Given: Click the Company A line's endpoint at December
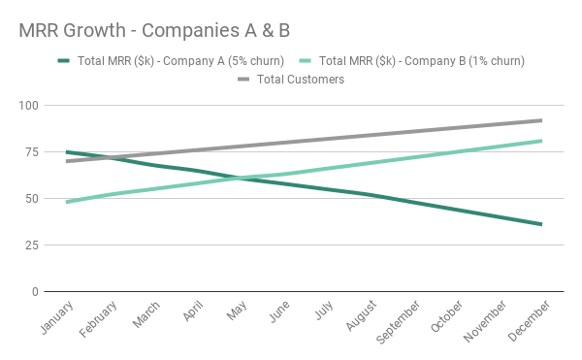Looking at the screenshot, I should [541, 224].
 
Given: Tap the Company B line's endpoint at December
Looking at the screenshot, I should [541, 141].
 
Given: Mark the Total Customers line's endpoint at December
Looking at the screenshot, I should [541, 120].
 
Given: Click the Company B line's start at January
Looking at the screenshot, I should [67, 202].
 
